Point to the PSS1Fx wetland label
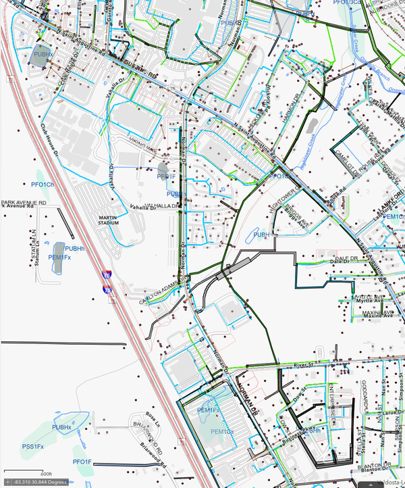point(32,447)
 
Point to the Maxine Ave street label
point(379,315)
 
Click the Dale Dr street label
point(344,259)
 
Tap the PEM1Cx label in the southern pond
point(222,431)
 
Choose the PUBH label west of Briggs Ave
point(261,234)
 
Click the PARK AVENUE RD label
point(24,202)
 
